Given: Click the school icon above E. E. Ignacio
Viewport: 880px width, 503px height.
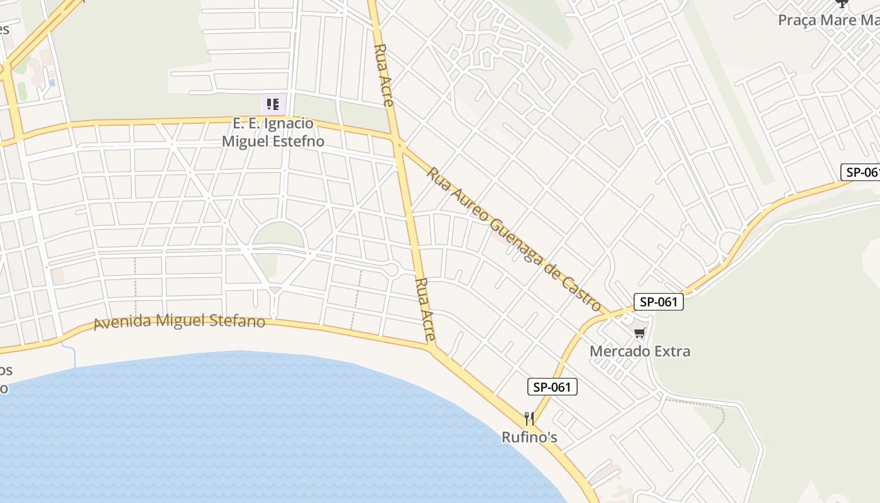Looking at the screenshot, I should point(273,104).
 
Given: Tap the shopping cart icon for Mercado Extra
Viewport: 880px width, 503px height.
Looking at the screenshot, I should point(639,333).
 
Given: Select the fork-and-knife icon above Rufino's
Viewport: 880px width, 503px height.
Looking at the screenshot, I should point(529,418).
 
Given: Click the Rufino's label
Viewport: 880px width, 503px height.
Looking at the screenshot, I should point(529,436).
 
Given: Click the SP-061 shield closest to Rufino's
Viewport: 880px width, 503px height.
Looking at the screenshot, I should point(553,387).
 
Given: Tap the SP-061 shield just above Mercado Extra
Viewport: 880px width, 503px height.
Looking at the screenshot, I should point(658,302).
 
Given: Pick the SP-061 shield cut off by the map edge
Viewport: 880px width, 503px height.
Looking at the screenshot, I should point(861,172).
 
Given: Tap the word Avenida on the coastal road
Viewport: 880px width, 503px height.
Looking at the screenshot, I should point(122,323).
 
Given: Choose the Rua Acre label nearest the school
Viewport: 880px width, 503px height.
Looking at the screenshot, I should point(383,75).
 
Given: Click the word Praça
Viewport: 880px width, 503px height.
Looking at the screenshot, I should point(797,20).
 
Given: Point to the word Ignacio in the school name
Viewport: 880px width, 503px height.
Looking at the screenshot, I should point(290,123).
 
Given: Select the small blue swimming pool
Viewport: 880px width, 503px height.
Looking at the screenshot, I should point(52,82).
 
